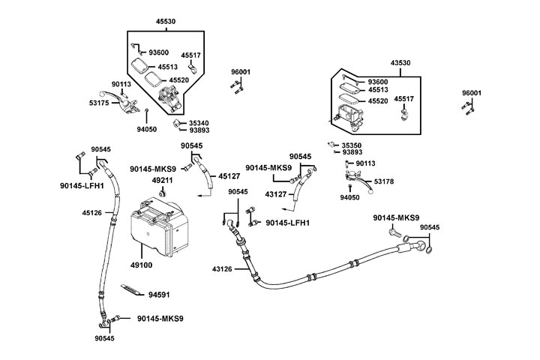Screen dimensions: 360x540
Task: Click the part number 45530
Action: [x=165, y=22]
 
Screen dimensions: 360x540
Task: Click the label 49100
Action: [x=142, y=265]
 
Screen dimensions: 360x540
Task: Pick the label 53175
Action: [x=100, y=102]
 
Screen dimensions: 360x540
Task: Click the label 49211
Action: [x=163, y=181]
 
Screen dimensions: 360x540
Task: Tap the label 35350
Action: [x=352, y=145]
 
